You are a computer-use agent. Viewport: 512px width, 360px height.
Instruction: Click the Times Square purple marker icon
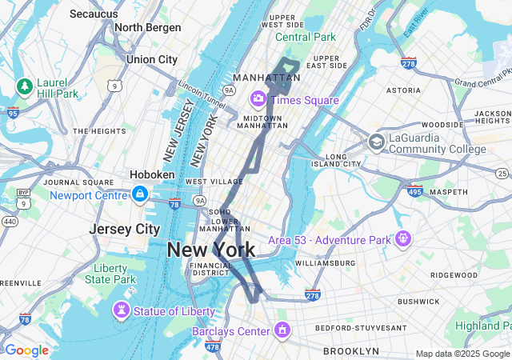click(258, 99)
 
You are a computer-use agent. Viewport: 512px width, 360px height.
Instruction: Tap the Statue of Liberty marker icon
click(121, 310)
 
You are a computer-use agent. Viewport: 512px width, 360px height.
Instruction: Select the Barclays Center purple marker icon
click(282, 330)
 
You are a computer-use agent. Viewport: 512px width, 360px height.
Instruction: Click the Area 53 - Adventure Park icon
click(402, 238)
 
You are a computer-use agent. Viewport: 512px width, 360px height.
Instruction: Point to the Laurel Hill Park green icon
click(25, 86)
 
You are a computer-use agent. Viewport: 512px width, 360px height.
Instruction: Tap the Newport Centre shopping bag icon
click(140, 194)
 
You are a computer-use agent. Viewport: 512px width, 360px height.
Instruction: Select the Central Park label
click(306, 37)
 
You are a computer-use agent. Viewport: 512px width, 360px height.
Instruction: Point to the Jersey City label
click(124, 229)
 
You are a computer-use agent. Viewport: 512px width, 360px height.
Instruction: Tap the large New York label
click(211, 250)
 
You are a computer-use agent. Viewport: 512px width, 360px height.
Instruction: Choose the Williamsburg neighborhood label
click(324, 263)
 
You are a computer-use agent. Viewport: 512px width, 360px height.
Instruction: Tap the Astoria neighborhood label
click(403, 91)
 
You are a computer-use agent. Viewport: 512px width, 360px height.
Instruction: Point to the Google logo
click(26, 350)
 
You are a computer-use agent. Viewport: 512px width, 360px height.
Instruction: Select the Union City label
click(152, 59)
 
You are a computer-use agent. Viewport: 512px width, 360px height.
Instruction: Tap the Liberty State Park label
click(114, 274)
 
